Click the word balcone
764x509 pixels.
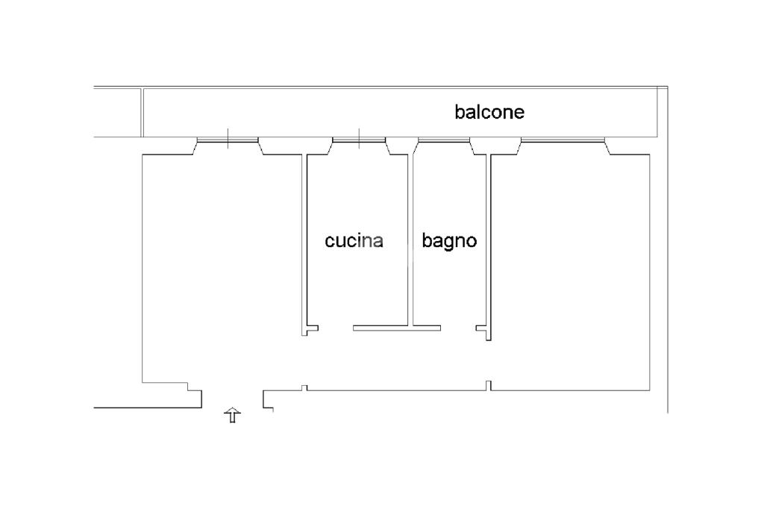tap(489, 112)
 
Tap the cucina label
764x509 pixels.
tap(354, 241)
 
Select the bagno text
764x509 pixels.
tap(449, 242)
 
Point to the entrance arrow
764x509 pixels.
tap(233, 416)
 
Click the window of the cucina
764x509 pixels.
tap(359, 140)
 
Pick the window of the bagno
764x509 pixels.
tap(444, 140)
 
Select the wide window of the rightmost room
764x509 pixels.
tap(563, 140)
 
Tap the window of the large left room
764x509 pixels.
tap(228, 140)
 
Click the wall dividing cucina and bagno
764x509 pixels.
tap(410, 239)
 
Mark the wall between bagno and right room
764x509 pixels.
tap(489, 239)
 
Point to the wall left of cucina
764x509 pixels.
tap(305, 239)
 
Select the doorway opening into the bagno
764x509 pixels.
tap(459, 328)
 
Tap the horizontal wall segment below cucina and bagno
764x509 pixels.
tap(396, 328)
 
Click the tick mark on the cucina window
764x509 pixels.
tap(359, 137)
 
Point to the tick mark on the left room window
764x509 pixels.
tap(228, 137)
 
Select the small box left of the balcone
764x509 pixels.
tap(118, 112)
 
